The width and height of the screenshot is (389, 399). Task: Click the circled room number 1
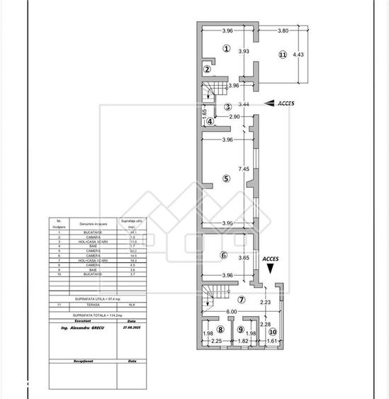tap(225, 49)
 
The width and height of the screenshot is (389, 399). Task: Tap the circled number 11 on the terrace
tap(282, 55)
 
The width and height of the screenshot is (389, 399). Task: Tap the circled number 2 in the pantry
tap(207, 69)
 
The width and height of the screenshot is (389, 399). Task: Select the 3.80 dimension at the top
tap(282, 31)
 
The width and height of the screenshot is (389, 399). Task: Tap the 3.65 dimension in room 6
tap(243, 258)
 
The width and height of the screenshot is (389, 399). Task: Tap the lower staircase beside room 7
tap(210, 294)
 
